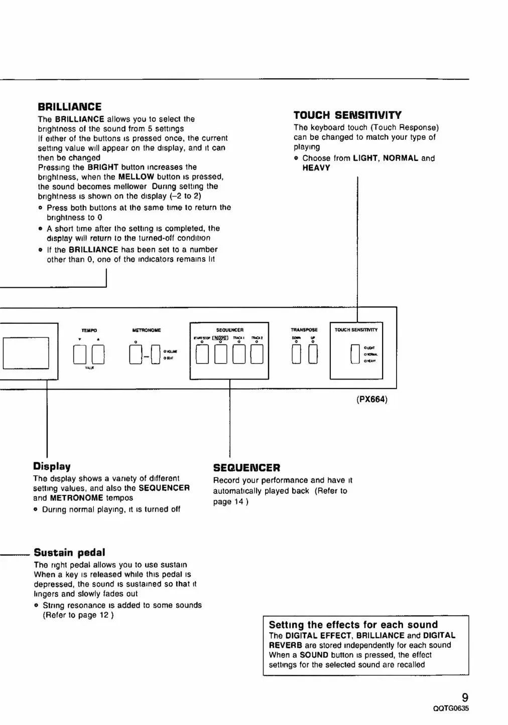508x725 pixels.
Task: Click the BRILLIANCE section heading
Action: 69,107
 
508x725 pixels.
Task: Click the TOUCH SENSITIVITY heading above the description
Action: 347,115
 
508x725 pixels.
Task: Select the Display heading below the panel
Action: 52,466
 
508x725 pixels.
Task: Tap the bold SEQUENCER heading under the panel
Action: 246,468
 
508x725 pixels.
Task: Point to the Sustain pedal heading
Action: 69,553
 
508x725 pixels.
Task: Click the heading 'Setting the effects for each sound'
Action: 353,625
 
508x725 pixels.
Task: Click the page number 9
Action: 465,697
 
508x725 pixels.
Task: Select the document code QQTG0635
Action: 450,709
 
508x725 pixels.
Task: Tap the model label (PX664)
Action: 372,400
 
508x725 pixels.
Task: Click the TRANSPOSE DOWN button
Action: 296,354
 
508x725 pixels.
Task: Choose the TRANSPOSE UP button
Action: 313,354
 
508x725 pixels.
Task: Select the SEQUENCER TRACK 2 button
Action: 257,354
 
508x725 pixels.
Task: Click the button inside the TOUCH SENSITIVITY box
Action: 355,354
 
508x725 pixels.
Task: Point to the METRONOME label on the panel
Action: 146,330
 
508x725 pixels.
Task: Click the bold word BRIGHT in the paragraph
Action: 103,167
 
